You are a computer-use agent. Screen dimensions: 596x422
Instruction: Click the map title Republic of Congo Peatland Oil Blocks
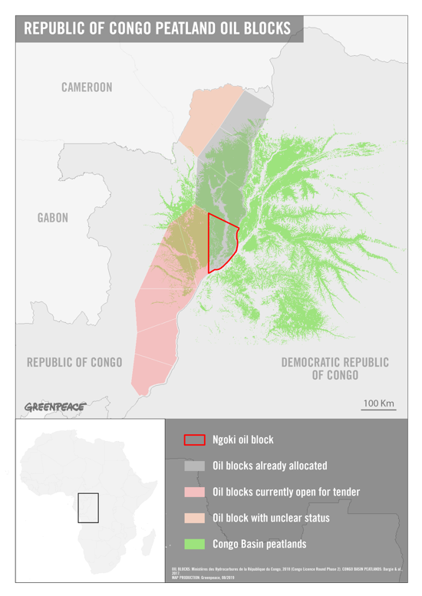[157, 29]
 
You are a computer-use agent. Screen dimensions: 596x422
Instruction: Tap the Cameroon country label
[87, 87]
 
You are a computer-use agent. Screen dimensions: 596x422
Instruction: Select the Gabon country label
[53, 218]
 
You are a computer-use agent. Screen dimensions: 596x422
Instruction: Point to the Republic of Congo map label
[74, 362]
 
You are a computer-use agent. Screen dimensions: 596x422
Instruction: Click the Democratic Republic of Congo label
[335, 368]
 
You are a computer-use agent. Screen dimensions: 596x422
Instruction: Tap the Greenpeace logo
[54, 407]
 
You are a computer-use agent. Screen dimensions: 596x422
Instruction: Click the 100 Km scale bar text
[378, 403]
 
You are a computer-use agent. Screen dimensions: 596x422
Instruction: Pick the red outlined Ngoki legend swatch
[194, 440]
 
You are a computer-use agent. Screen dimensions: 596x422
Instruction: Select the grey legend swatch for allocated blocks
[194, 466]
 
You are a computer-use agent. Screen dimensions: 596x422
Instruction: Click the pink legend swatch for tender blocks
[194, 492]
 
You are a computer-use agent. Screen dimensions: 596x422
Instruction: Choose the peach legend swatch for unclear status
[194, 518]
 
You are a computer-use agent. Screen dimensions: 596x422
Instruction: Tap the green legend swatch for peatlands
[194, 544]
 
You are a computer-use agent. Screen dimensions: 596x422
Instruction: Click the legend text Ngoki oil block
[242, 440]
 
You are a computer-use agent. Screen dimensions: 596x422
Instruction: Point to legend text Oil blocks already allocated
[269, 466]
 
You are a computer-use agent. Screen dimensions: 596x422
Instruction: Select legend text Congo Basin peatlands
[259, 544]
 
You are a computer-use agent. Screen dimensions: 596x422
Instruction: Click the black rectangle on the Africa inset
[88, 508]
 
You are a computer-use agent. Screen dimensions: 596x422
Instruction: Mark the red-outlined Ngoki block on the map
[221, 242]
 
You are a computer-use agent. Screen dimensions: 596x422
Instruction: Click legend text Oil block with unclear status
[271, 518]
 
